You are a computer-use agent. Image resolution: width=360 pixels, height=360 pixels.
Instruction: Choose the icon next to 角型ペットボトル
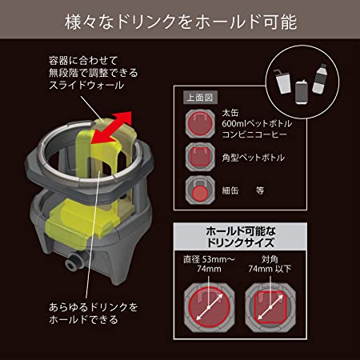198,158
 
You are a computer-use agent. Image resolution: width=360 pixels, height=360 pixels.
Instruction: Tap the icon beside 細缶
198,190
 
